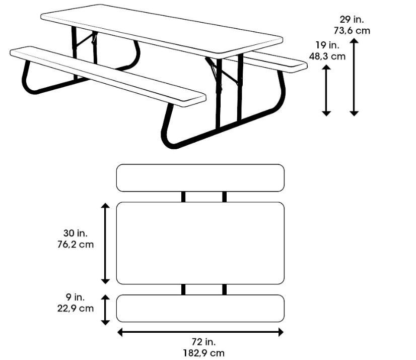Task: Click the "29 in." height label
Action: click(352, 20)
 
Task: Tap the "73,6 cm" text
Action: click(352, 30)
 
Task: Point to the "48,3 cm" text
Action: click(327, 56)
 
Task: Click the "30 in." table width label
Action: click(76, 233)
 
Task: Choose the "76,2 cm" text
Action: click(76, 244)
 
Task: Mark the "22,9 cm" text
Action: click(76, 309)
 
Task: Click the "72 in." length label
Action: click(200, 342)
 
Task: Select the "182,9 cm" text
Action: click(200, 353)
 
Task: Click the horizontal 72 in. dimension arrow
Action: click(200, 332)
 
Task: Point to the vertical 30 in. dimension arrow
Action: click(105, 243)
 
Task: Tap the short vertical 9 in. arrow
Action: click(105, 310)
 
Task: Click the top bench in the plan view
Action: click(200, 178)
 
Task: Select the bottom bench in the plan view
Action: click(200, 309)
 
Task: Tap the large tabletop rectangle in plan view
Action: click(200, 243)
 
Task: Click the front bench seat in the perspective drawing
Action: click(108, 76)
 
